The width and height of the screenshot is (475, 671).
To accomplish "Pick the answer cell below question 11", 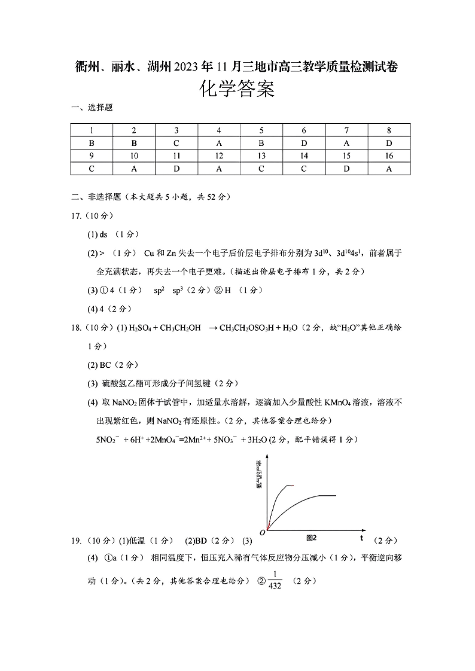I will [176, 169].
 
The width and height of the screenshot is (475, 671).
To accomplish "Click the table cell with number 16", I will [389, 156].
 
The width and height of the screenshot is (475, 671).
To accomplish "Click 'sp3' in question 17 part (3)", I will [178, 290].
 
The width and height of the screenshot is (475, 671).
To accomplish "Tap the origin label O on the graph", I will [262, 532].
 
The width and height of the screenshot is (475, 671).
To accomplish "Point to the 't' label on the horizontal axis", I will [361, 538].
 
